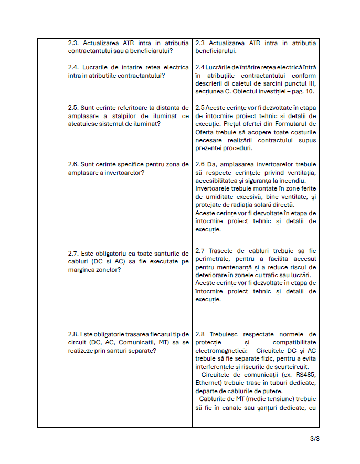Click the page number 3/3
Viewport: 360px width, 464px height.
(315, 439)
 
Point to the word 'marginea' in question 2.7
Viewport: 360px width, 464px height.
(82, 270)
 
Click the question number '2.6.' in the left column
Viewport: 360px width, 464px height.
(75, 164)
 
